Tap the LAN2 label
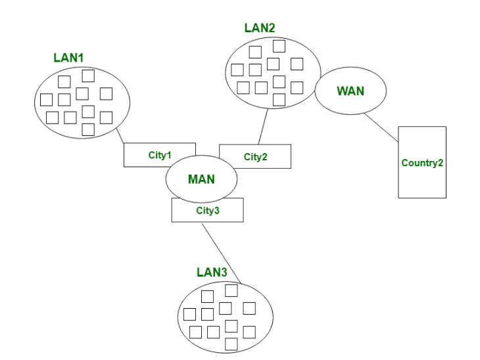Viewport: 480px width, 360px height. pos(260,28)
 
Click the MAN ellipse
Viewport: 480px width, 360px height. pos(201,179)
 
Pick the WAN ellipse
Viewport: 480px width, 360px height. pos(350,91)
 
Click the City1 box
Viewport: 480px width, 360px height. pos(159,155)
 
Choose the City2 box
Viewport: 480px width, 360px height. pos(255,156)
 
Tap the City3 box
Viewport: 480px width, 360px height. pos(207,210)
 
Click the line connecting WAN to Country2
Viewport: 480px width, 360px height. pos(381,127)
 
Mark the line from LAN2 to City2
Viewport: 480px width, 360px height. pos(262,126)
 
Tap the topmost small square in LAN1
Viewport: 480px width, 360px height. pos(88,76)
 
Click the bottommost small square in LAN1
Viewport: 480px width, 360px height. pos(88,129)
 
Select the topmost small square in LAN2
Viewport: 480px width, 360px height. pos(279,46)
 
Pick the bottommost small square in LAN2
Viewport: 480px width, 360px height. pos(279,99)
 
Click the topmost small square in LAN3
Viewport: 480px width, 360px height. pos(231,290)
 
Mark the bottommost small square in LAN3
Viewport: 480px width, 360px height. pos(231,344)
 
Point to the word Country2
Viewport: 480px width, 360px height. pos(422,163)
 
